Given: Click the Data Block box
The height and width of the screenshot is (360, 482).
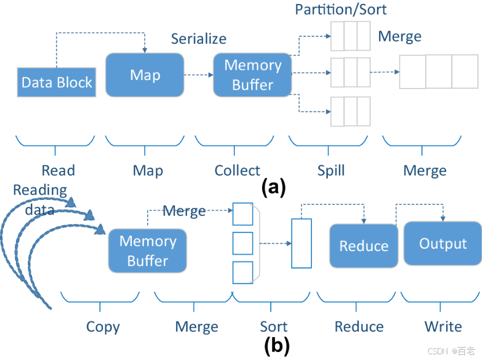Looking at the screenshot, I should tap(56, 82).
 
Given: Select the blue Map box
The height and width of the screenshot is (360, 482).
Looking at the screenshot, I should tap(145, 75).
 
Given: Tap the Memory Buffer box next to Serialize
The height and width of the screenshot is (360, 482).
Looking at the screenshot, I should tap(252, 75).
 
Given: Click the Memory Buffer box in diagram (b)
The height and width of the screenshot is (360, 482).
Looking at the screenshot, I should tap(147, 251).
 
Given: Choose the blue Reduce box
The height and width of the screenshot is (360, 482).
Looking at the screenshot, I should tap(364, 245).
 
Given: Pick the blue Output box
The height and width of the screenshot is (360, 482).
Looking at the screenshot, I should tap(443, 244).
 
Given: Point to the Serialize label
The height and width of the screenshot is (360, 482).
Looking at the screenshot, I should tap(198, 39).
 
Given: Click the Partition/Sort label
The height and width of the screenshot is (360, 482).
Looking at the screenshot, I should tap(340, 10).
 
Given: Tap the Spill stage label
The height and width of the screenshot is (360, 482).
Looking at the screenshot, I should tap(331, 170).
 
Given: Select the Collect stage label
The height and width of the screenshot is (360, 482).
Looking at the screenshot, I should tap(237, 170).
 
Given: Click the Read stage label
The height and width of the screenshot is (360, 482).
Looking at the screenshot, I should tap(58, 170).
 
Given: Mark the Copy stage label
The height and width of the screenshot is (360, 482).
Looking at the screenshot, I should tap(103, 327).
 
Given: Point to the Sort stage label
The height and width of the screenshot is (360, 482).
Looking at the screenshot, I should tap(273, 327).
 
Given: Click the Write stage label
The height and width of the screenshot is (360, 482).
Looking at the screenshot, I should tap(443, 327).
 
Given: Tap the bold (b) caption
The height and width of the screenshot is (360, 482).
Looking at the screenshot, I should tap(277, 344).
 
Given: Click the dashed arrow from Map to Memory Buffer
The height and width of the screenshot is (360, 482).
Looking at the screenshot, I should tap(198, 75).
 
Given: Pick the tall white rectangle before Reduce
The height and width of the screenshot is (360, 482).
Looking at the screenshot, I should tap(301, 243).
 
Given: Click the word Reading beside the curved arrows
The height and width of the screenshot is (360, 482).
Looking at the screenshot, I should tap(40, 190).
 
